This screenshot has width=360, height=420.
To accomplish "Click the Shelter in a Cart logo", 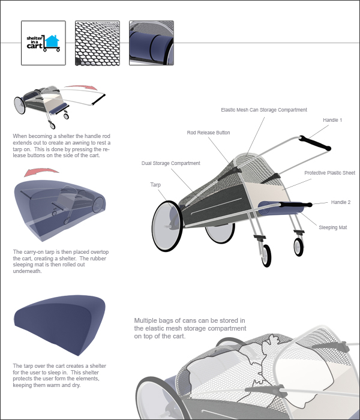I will pyautogui.click(x=43, y=43).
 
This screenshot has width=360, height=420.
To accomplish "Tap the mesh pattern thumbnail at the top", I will pyautogui.click(x=97, y=43).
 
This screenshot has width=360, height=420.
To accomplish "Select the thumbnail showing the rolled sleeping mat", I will pyautogui.click(x=151, y=43).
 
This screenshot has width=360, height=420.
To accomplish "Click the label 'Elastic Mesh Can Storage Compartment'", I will pyautogui.click(x=264, y=110).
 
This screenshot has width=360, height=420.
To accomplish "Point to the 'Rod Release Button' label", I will pyautogui.click(x=208, y=133).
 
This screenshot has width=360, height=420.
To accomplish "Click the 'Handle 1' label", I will pyautogui.click(x=332, y=121).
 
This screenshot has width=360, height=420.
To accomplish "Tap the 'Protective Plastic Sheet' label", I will pyautogui.click(x=329, y=173).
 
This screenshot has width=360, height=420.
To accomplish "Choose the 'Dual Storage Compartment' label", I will pyautogui.click(x=170, y=163).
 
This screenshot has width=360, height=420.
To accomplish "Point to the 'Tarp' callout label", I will pyautogui.click(x=155, y=185).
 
